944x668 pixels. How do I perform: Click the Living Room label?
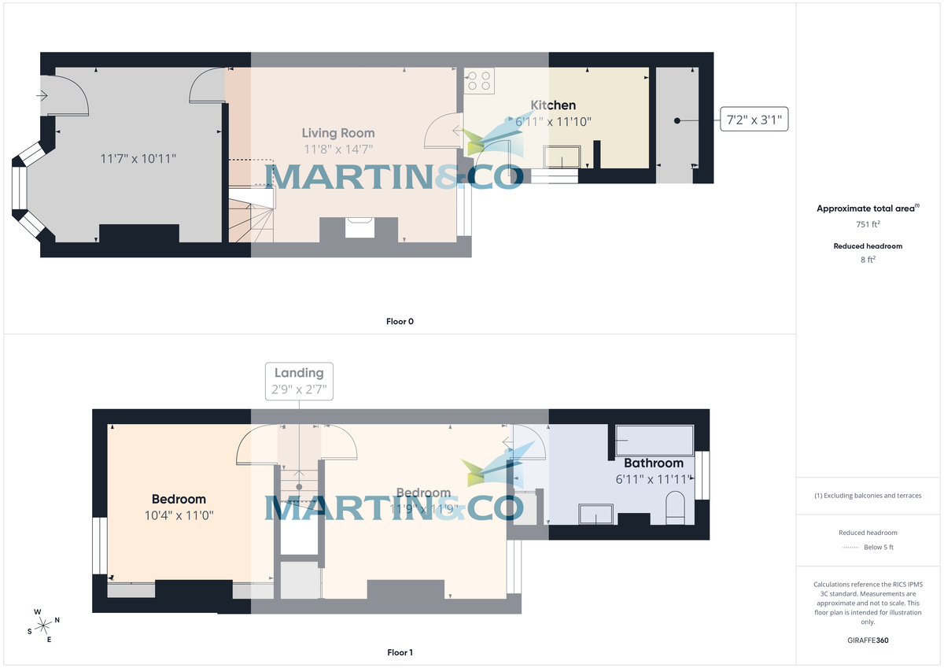pos(338,133)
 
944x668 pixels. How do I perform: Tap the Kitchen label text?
pos(553,105)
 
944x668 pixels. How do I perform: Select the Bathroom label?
pos(654,463)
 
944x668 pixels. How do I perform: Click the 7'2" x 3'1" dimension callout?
pos(754,121)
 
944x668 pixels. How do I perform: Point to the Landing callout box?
pos(299,381)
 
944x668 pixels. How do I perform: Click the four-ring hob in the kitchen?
pos(479,81)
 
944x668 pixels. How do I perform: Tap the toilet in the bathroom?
pos(676,507)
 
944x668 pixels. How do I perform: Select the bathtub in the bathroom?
pos(654,440)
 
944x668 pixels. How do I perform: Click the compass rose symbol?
pos(44,626)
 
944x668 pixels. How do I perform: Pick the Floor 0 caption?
pos(400,321)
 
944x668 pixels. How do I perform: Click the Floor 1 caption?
pos(400,652)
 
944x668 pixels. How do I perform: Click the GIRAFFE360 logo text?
pos(868,640)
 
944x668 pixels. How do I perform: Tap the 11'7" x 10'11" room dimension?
pos(138,158)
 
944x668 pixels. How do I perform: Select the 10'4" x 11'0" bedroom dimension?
pos(179,515)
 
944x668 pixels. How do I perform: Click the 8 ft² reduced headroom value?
pos(868,259)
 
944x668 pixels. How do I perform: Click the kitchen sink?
pos(561,157)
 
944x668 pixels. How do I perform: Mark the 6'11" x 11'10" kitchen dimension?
pos(553,121)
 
